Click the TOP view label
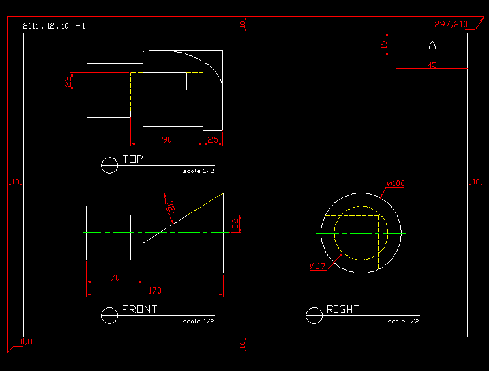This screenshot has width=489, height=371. coord(132,159)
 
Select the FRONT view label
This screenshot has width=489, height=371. coord(140,310)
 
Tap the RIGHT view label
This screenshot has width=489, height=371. coord(343,310)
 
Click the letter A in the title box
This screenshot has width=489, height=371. coord(432,45)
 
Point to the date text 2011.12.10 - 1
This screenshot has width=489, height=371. coord(53,26)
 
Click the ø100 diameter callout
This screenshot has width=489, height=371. coord(395,184)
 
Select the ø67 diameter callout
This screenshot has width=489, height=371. coord(318,266)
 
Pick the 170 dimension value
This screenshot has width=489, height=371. coord(155,290)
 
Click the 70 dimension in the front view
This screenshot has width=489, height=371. coord(114,278)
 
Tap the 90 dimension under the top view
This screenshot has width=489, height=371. coord(167,140)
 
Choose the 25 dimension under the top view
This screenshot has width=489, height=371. coord(213,140)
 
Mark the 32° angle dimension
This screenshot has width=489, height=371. coord(171,207)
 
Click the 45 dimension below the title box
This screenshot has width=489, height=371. coord(432,65)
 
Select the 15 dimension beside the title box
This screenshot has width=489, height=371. coord(384,44)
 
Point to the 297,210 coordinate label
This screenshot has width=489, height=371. coord(451,24)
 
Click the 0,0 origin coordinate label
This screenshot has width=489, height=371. coord(26,341)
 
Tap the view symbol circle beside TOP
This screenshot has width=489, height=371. coord(110,165)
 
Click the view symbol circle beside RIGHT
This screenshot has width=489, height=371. coord(314,316)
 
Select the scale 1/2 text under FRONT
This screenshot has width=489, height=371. coord(198,321)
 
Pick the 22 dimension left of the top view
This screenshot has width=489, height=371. coord(67,81)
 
